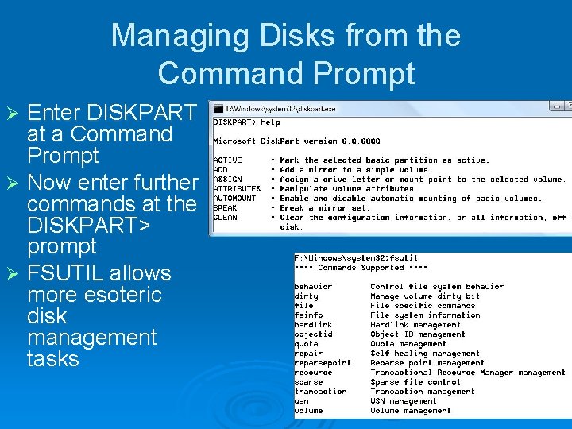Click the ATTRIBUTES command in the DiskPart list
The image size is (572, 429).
pyautogui.click(x=236, y=189)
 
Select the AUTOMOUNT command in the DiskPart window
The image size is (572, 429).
pyautogui.click(x=234, y=199)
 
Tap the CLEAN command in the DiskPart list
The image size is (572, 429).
pyautogui.click(x=225, y=218)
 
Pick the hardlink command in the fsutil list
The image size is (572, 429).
pyautogui.click(x=314, y=325)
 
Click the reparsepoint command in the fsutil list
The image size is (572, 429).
pyautogui.click(x=323, y=363)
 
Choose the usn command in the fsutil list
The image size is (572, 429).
pyautogui.click(x=301, y=401)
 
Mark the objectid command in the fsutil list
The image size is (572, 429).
pyautogui.click(x=314, y=334)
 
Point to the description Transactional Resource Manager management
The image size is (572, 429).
pyautogui.click(x=468, y=373)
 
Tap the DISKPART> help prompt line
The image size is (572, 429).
pyautogui.click(x=246, y=122)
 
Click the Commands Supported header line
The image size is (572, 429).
pyautogui.click(x=350, y=268)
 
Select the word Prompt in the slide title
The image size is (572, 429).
pyautogui.click(x=365, y=73)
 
